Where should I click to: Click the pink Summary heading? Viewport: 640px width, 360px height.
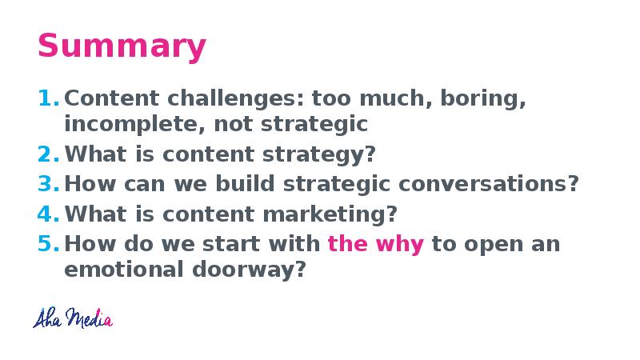click(122, 46)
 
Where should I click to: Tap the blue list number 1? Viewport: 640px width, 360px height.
click(49, 98)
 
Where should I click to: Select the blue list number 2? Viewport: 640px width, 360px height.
click(49, 154)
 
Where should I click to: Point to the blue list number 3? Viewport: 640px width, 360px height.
click(49, 184)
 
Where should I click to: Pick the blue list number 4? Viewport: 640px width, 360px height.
click(49, 214)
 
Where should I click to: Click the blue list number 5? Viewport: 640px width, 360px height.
click(49, 244)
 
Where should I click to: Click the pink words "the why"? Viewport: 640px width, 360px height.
click(375, 245)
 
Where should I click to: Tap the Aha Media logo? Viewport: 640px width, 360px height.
click(73, 318)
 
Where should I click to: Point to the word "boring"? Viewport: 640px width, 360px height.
click(483, 99)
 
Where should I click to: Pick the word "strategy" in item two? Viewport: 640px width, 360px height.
click(318, 155)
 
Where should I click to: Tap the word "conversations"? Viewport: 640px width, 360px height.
click(488, 184)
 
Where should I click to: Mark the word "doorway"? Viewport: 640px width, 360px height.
click(249, 270)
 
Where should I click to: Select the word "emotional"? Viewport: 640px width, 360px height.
click(124, 270)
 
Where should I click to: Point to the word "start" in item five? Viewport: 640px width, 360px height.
click(230, 245)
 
